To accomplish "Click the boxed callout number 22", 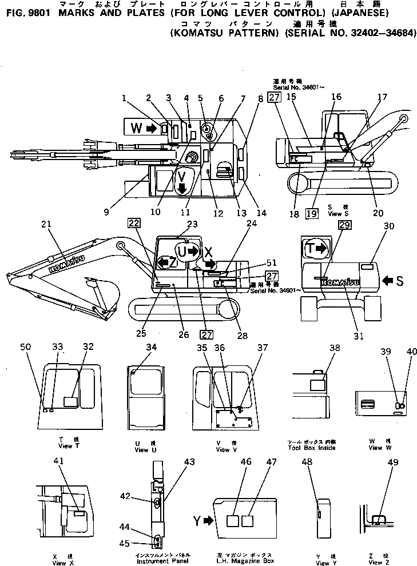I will click(133, 222).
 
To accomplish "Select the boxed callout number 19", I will click(311, 214).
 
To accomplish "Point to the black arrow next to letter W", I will click(151, 129).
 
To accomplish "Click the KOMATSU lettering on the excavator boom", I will click(62, 265).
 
